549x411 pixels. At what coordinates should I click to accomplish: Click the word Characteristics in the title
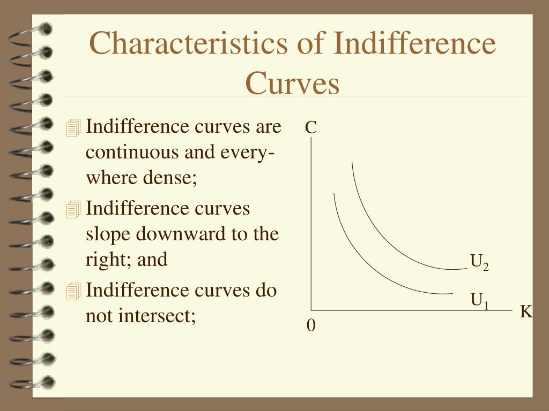click(x=188, y=43)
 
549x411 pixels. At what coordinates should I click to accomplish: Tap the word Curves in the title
click(x=292, y=83)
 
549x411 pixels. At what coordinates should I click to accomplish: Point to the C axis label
click(x=311, y=127)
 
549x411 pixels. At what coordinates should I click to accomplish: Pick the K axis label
click(x=526, y=311)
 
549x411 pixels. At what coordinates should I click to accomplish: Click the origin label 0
click(x=311, y=325)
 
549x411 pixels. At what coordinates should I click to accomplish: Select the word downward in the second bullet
click(x=180, y=234)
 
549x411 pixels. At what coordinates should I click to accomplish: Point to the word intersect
click(x=157, y=316)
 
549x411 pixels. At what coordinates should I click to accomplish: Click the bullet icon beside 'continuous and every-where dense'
click(x=73, y=127)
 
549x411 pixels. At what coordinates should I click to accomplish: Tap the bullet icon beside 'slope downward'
click(x=73, y=210)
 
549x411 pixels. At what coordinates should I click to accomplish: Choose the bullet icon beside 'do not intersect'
click(x=73, y=292)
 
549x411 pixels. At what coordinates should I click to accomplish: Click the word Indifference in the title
click(x=414, y=43)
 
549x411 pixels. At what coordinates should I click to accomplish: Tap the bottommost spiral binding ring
click(x=32, y=383)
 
